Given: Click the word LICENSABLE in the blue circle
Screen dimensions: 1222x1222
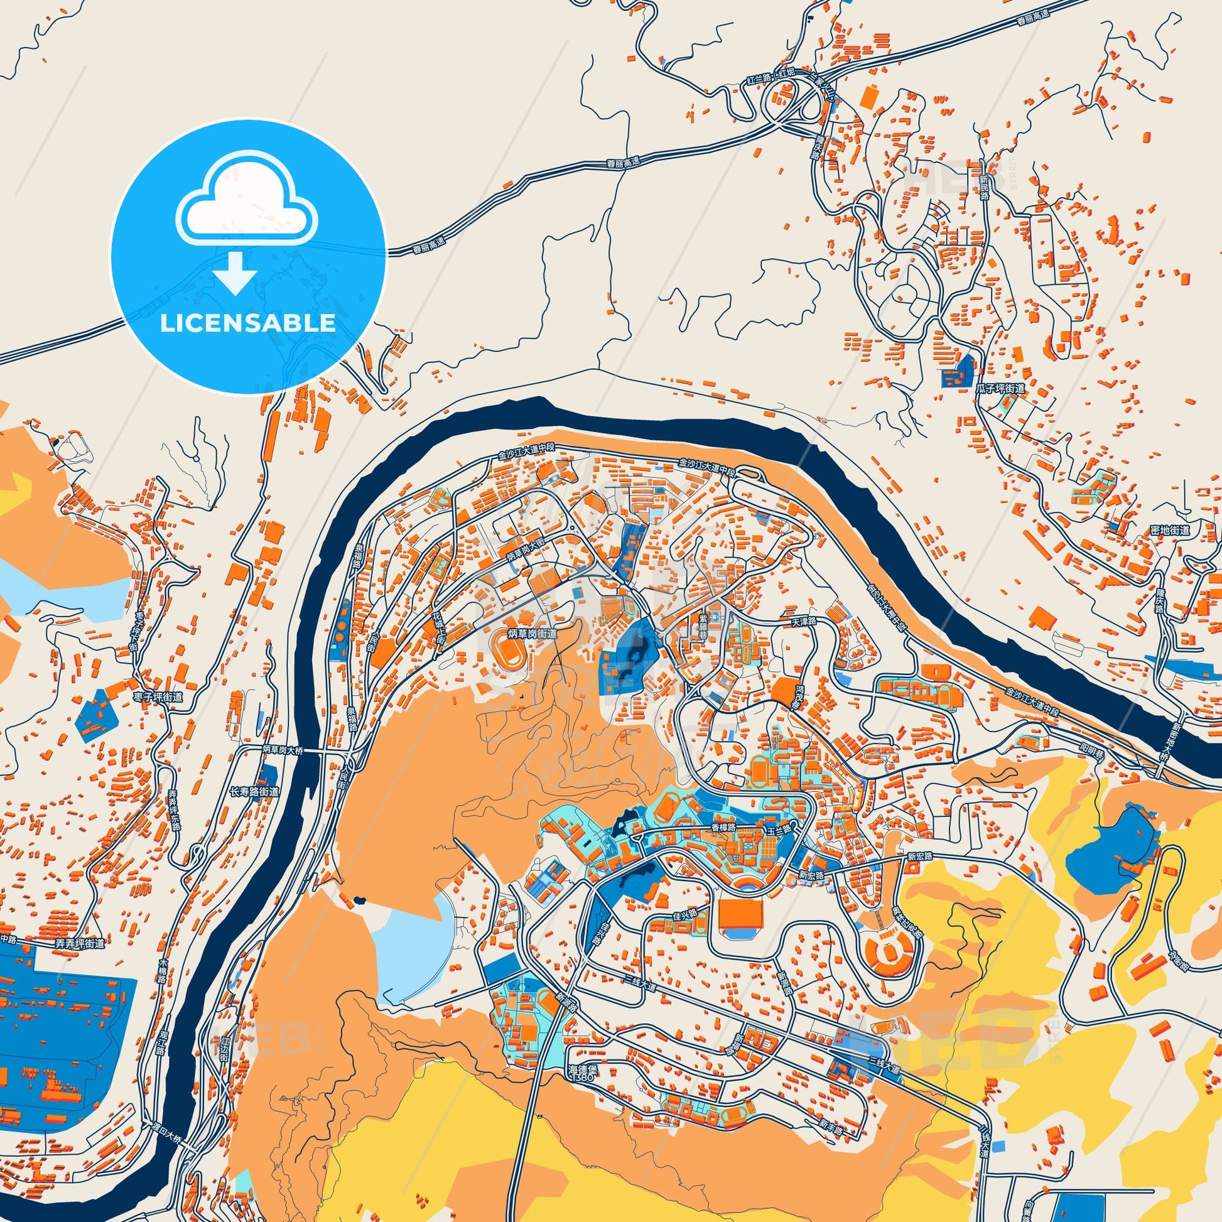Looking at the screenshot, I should point(247,323).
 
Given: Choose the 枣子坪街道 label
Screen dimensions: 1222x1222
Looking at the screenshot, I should point(158,697).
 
